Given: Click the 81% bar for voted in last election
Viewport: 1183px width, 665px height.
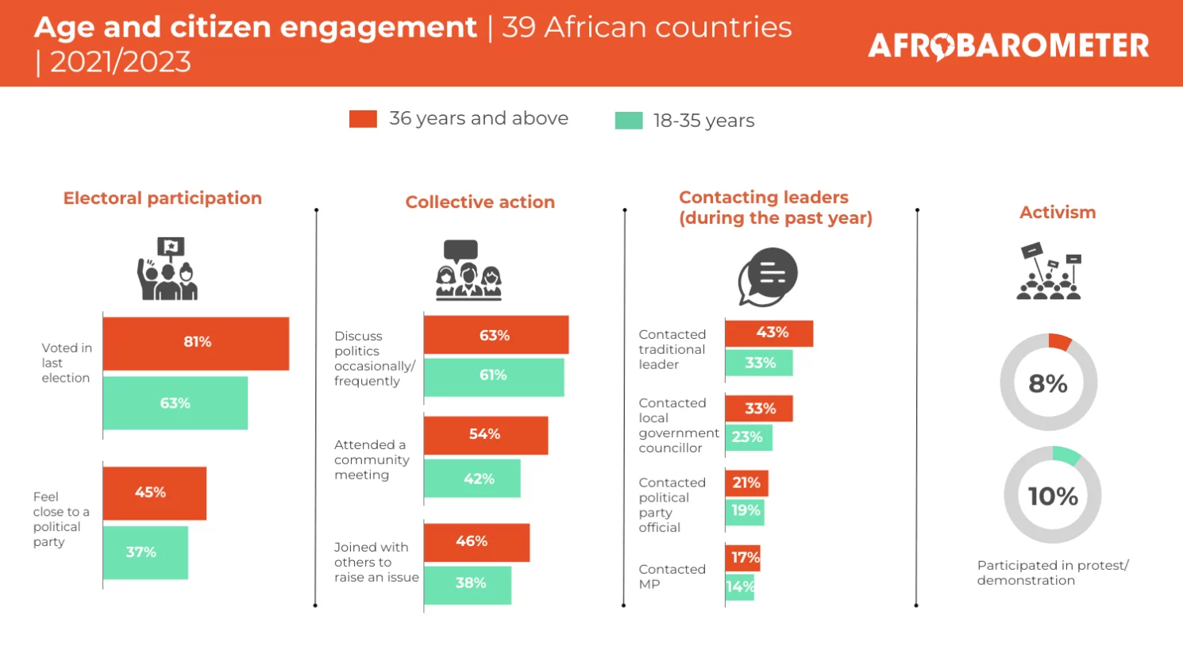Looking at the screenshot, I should pos(196,343).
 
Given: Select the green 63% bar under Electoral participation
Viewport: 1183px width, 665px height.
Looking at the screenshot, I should pos(175,403).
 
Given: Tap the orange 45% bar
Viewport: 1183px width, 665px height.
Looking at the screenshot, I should pos(155,493).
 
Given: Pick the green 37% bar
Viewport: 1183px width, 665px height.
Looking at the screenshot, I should pos(145,552).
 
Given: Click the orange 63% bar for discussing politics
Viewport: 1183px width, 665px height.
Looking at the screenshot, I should pos(496,335).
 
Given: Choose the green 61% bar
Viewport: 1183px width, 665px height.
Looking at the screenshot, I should pos(494,376).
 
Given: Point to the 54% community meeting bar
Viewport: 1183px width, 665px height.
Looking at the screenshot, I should pos(486,435).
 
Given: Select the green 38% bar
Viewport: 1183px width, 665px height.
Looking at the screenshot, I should pos(468,584).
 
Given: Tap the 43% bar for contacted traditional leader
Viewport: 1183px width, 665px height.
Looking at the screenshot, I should pos(769,333).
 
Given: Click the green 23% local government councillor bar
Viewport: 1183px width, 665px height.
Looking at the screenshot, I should pos(749,437).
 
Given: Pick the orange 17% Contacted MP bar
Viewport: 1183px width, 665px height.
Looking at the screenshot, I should pos(743,557).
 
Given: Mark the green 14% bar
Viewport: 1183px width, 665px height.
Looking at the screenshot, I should pos(740,587).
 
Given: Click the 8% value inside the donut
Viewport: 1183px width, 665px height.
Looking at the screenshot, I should pos(1048,384).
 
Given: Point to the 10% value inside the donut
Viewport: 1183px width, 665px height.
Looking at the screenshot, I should pos(1053,497).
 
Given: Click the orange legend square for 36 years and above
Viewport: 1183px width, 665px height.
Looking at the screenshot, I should pos(363,119).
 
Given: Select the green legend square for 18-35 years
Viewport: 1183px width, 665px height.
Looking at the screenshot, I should pos(629,121).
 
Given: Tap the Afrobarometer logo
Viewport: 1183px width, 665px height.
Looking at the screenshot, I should pos(1008,45).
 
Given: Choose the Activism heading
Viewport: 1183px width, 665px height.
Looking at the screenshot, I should pos(1058,213).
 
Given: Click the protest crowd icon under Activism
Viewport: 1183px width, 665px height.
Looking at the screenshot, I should pos(1050,272).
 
